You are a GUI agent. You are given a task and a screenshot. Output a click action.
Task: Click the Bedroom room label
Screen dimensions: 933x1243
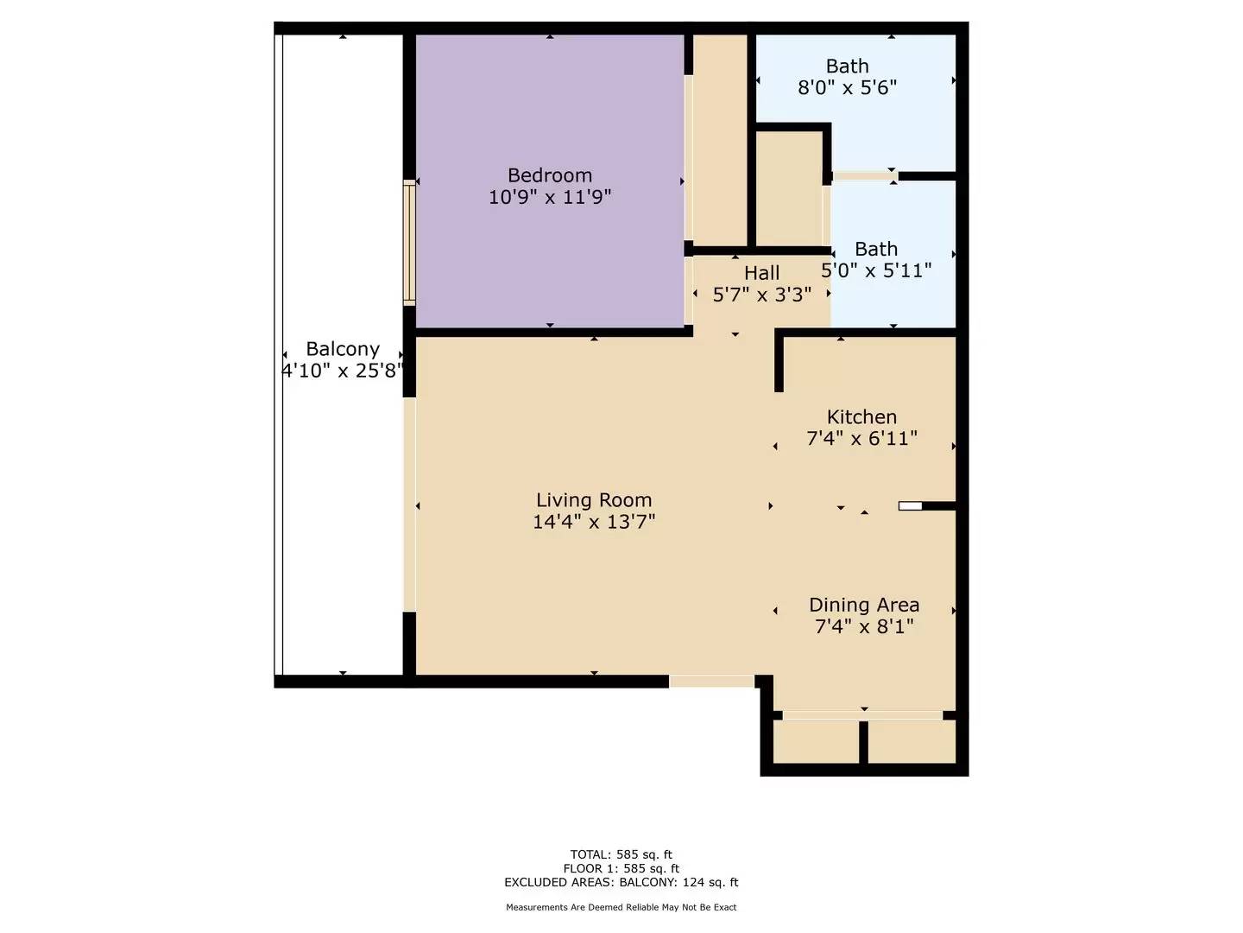(550, 175)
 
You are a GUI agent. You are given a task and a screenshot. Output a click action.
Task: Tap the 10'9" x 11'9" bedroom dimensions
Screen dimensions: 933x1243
(550, 197)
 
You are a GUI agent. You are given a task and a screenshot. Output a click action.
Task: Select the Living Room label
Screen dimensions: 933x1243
(594, 500)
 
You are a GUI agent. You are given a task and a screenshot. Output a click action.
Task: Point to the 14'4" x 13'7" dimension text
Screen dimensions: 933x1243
(594, 522)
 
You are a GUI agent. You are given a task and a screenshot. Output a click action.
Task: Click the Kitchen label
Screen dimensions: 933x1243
(861, 417)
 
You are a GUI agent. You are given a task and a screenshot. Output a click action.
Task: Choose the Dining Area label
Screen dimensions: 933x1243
(864, 605)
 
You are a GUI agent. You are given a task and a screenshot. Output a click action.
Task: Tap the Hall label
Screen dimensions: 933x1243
(762, 273)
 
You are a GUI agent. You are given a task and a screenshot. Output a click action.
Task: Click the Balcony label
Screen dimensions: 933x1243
(343, 349)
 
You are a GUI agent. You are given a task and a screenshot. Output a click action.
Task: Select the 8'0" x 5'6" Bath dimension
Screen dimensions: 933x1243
(847, 87)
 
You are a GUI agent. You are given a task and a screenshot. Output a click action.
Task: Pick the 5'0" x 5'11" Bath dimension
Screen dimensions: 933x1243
(876, 270)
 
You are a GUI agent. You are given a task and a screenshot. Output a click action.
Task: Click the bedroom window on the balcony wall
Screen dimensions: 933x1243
(409, 243)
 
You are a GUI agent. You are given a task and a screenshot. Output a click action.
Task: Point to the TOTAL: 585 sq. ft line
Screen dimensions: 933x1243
(621, 855)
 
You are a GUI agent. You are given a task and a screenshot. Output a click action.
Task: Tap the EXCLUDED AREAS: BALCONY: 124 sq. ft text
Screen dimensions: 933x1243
(621, 882)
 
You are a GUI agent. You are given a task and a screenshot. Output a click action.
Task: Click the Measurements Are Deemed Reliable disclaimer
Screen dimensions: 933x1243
(621, 907)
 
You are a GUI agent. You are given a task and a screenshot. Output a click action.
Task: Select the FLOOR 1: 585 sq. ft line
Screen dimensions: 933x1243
(621, 869)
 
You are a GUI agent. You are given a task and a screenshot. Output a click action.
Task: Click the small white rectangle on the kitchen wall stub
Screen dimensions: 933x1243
(910, 506)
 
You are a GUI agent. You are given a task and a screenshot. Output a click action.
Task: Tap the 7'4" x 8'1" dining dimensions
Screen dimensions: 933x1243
(864, 626)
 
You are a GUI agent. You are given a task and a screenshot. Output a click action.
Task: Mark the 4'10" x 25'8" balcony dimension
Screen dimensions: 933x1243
(343, 371)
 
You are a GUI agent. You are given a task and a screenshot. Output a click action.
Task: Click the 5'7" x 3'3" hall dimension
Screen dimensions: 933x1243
(762, 295)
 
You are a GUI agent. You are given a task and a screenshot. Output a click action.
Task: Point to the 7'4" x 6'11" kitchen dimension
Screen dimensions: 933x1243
(861, 439)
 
